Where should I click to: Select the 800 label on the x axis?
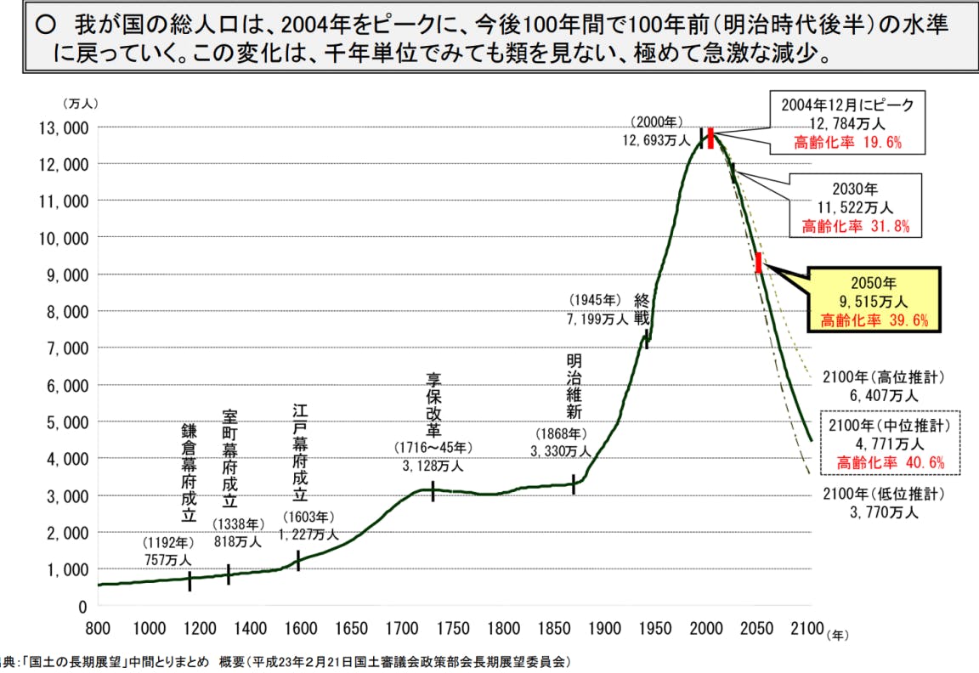click(98, 629)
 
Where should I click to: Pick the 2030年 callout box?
click(855, 205)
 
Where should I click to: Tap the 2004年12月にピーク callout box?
click(847, 123)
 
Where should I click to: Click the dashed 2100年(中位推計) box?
click(888, 443)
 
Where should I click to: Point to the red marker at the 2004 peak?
click(710, 139)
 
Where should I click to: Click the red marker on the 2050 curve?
click(758, 263)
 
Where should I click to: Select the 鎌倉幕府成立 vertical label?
click(189, 472)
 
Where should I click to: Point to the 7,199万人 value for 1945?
click(596, 320)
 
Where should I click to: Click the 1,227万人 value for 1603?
click(308, 534)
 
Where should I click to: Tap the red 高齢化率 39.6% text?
click(874, 320)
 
